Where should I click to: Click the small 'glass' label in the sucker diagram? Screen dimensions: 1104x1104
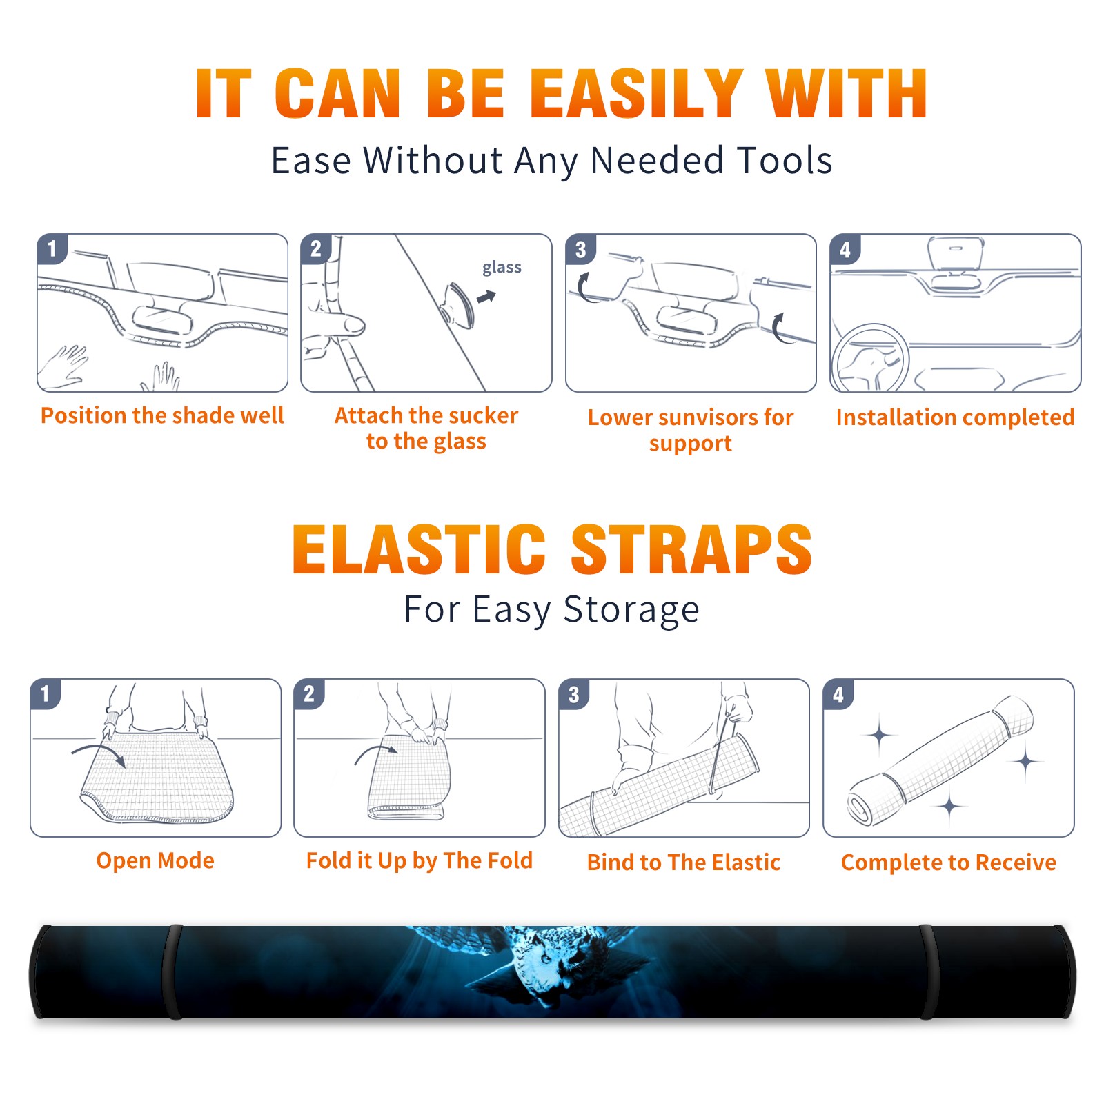click(x=502, y=268)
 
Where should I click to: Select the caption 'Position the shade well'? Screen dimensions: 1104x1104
click(x=162, y=415)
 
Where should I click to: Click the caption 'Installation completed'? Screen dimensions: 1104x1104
click(x=955, y=417)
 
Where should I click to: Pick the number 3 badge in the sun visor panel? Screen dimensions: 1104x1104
click(x=581, y=250)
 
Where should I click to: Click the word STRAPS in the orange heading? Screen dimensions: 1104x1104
click(x=691, y=549)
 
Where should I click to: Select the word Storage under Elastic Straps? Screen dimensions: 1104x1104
click(x=631, y=610)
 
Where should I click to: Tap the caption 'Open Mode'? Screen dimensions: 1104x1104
click(x=155, y=860)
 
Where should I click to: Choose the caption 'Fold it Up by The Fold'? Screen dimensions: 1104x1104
click(x=420, y=860)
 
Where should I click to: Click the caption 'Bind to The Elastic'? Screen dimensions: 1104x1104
click(x=684, y=862)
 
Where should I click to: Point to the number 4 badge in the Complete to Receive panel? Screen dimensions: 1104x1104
click(x=838, y=694)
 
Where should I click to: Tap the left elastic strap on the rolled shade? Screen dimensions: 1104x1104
click(x=171, y=972)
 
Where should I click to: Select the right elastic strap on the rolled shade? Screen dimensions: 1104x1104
click(x=929, y=972)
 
